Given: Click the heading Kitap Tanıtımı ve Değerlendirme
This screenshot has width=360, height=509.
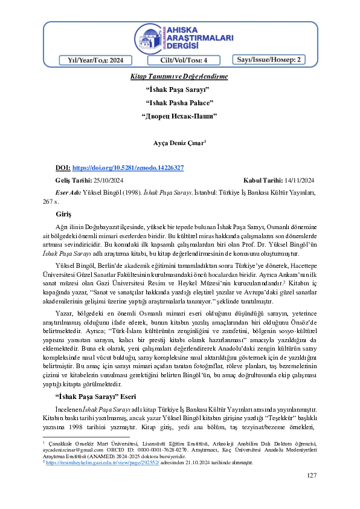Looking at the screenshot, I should click(x=179, y=77).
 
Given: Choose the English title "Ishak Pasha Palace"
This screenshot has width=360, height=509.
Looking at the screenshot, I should click(x=179, y=102).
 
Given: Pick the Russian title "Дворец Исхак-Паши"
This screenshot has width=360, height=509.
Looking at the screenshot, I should click(x=179, y=115).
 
